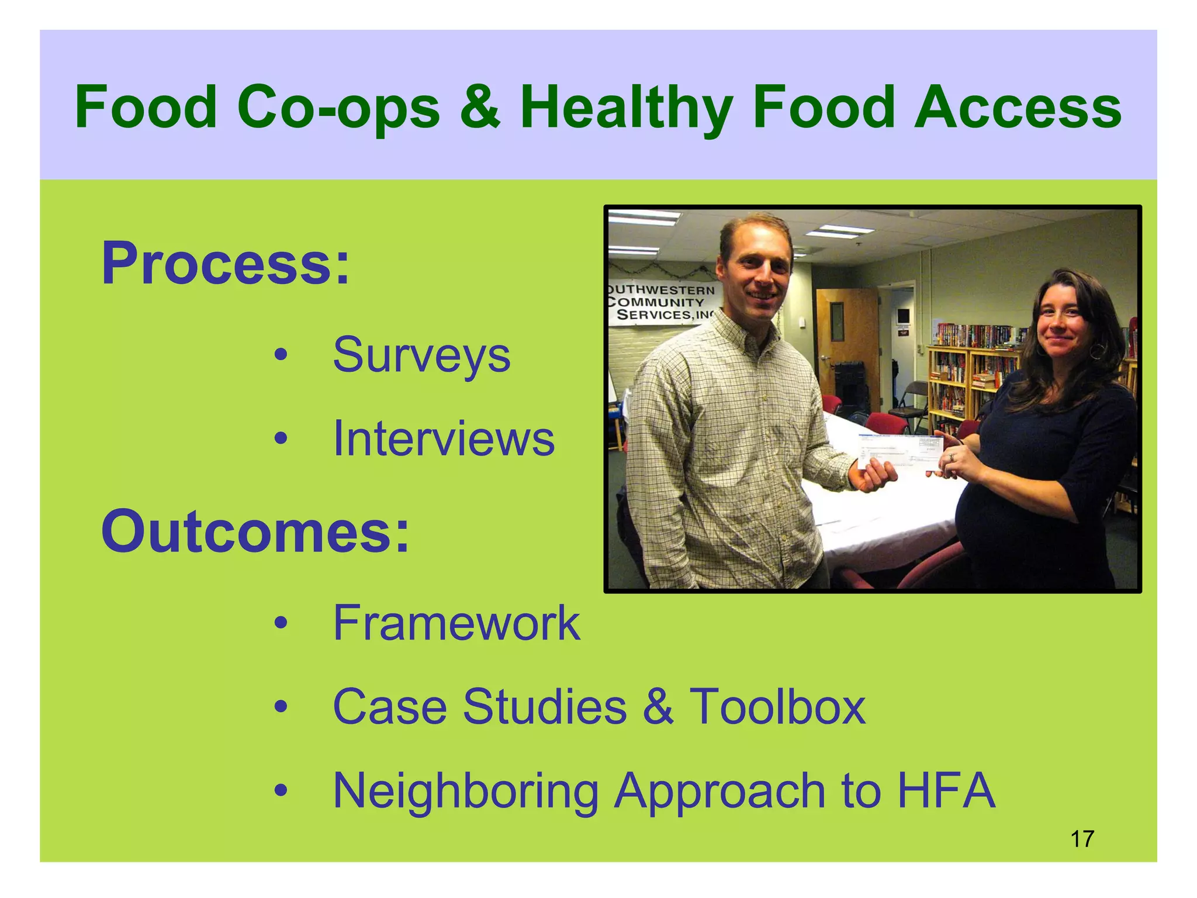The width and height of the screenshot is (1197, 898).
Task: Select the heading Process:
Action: [226, 264]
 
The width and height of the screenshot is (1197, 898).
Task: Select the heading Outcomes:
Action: [255, 531]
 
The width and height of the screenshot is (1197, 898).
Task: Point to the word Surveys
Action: [421, 355]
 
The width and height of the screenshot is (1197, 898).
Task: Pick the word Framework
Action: [456, 623]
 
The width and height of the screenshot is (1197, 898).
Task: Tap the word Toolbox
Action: [777, 707]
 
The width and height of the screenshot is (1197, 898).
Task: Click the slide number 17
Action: [1082, 839]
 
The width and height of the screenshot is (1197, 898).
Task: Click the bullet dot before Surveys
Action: [281, 355]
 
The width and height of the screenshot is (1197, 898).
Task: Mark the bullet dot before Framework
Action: [281, 623]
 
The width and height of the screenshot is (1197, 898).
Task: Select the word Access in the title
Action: [1018, 108]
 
